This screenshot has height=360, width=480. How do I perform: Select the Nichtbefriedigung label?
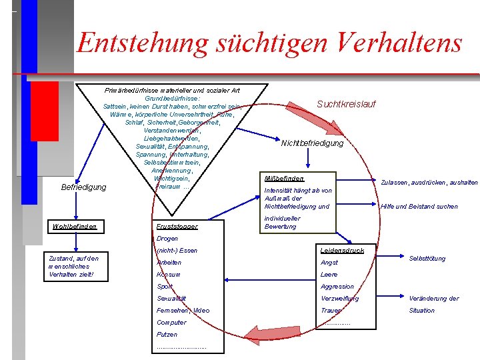312,143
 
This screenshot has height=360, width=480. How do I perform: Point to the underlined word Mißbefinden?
284,179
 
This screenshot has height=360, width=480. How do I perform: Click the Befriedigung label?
83,187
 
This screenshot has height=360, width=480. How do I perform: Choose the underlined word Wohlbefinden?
74,227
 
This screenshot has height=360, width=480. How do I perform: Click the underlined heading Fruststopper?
177,227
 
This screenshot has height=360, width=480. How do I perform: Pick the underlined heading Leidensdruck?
342,251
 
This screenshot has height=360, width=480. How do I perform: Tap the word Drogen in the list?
167,239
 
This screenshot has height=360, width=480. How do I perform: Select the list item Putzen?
167,335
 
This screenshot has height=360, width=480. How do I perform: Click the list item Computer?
171,323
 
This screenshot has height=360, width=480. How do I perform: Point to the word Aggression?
337,287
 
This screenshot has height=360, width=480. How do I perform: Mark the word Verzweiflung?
339,299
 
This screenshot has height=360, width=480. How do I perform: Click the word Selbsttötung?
427,259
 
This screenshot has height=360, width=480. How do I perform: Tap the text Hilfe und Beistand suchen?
419,207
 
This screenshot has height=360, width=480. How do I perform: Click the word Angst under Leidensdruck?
329,263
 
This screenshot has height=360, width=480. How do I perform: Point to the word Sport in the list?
164,287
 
